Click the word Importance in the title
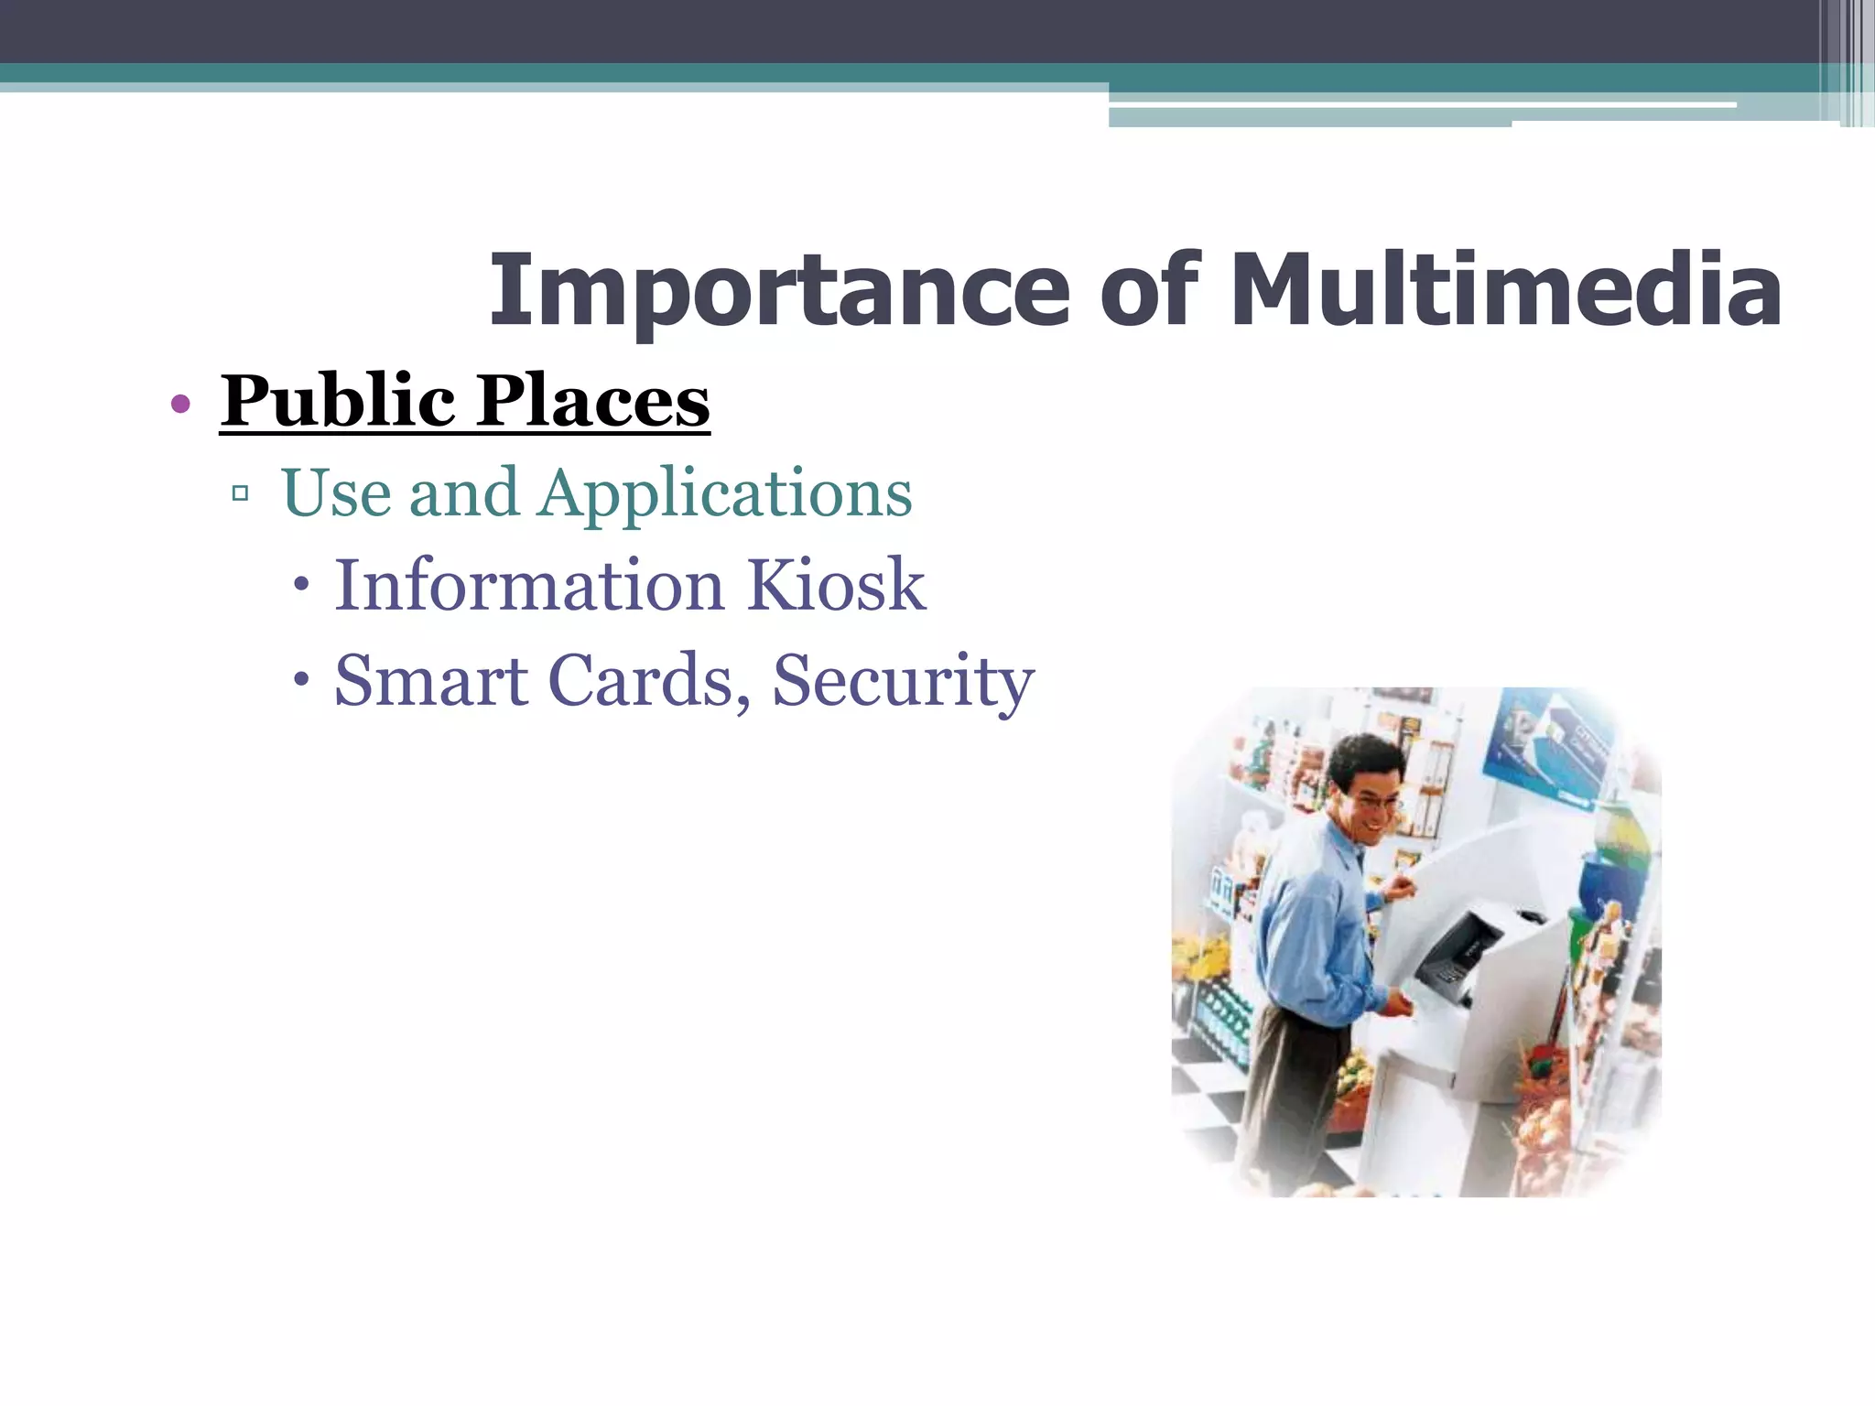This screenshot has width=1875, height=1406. click(779, 291)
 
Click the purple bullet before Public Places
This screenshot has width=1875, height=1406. click(180, 404)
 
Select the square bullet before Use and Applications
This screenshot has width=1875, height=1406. click(241, 494)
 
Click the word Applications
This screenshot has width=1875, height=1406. click(725, 494)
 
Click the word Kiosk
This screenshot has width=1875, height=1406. click(836, 585)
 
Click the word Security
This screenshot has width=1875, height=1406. click(903, 682)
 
